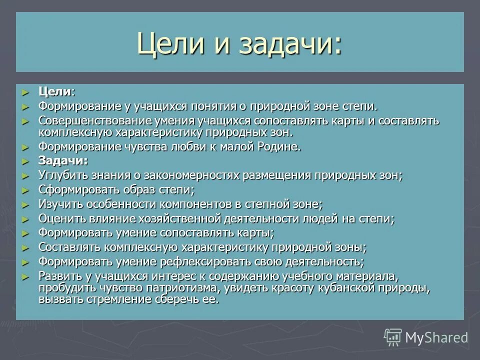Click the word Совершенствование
[91, 121]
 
